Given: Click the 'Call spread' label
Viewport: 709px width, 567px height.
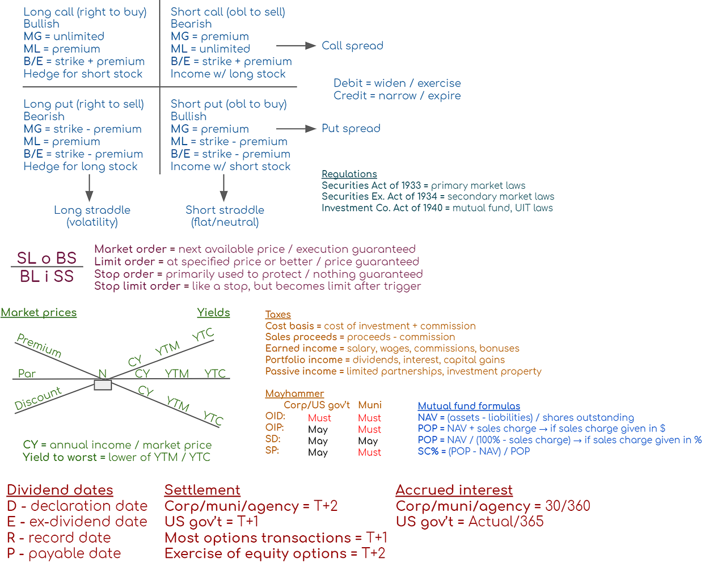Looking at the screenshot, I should (352, 46).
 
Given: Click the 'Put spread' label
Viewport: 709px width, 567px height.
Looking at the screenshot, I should (351, 129).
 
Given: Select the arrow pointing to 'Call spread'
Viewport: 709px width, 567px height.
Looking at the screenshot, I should (296, 46).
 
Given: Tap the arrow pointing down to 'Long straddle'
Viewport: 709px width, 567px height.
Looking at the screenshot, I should (89, 188).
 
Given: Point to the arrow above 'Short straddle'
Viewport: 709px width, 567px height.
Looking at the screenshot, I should (224, 188).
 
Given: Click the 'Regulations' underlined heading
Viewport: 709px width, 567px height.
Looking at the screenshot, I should (349, 174).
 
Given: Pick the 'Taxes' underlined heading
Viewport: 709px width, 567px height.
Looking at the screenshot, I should (278, 315).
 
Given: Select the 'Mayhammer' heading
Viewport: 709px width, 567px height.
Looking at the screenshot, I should (294, 393).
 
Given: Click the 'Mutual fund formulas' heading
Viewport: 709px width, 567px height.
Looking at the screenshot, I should (469, 406).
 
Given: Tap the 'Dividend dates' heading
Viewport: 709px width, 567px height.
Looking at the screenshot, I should (60, 490).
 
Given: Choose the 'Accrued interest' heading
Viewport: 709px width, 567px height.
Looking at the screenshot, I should (454, 490).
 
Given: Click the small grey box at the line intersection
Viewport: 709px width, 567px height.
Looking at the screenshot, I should (103, 386).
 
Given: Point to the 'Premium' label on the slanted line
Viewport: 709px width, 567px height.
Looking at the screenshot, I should (39, 345).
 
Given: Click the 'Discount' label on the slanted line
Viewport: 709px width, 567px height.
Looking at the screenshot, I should (38, 399).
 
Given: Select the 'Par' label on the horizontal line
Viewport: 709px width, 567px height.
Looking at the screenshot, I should (27, 374).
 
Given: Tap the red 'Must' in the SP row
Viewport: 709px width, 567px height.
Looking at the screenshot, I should (369, 452).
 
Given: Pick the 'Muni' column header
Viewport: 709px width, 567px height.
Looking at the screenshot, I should (370, 405).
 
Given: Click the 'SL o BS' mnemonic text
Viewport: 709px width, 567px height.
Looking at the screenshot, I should (47, 258).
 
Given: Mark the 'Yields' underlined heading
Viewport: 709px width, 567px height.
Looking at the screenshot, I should (213, 312).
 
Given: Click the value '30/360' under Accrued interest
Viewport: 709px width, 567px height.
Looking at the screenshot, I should (567, 506).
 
